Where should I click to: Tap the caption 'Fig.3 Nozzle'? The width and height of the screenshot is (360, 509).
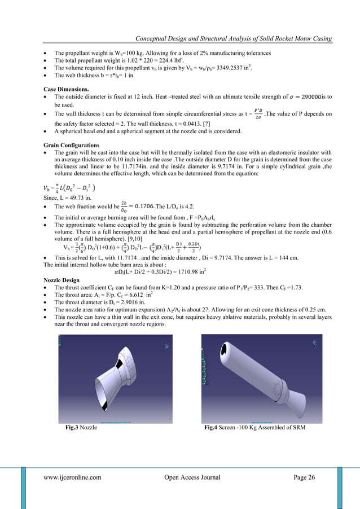pos(81,428)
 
